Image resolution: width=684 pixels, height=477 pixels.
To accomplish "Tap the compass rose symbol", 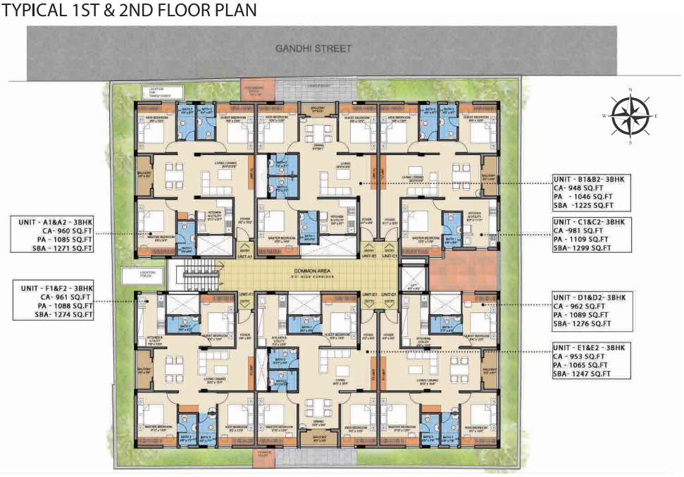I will pos(630,115).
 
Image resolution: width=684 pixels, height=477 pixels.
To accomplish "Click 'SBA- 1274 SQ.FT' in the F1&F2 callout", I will pos(58,315).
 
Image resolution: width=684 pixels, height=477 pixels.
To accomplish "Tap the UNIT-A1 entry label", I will pos(245,256).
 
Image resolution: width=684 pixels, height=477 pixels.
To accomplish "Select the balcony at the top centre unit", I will pos(317,109).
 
